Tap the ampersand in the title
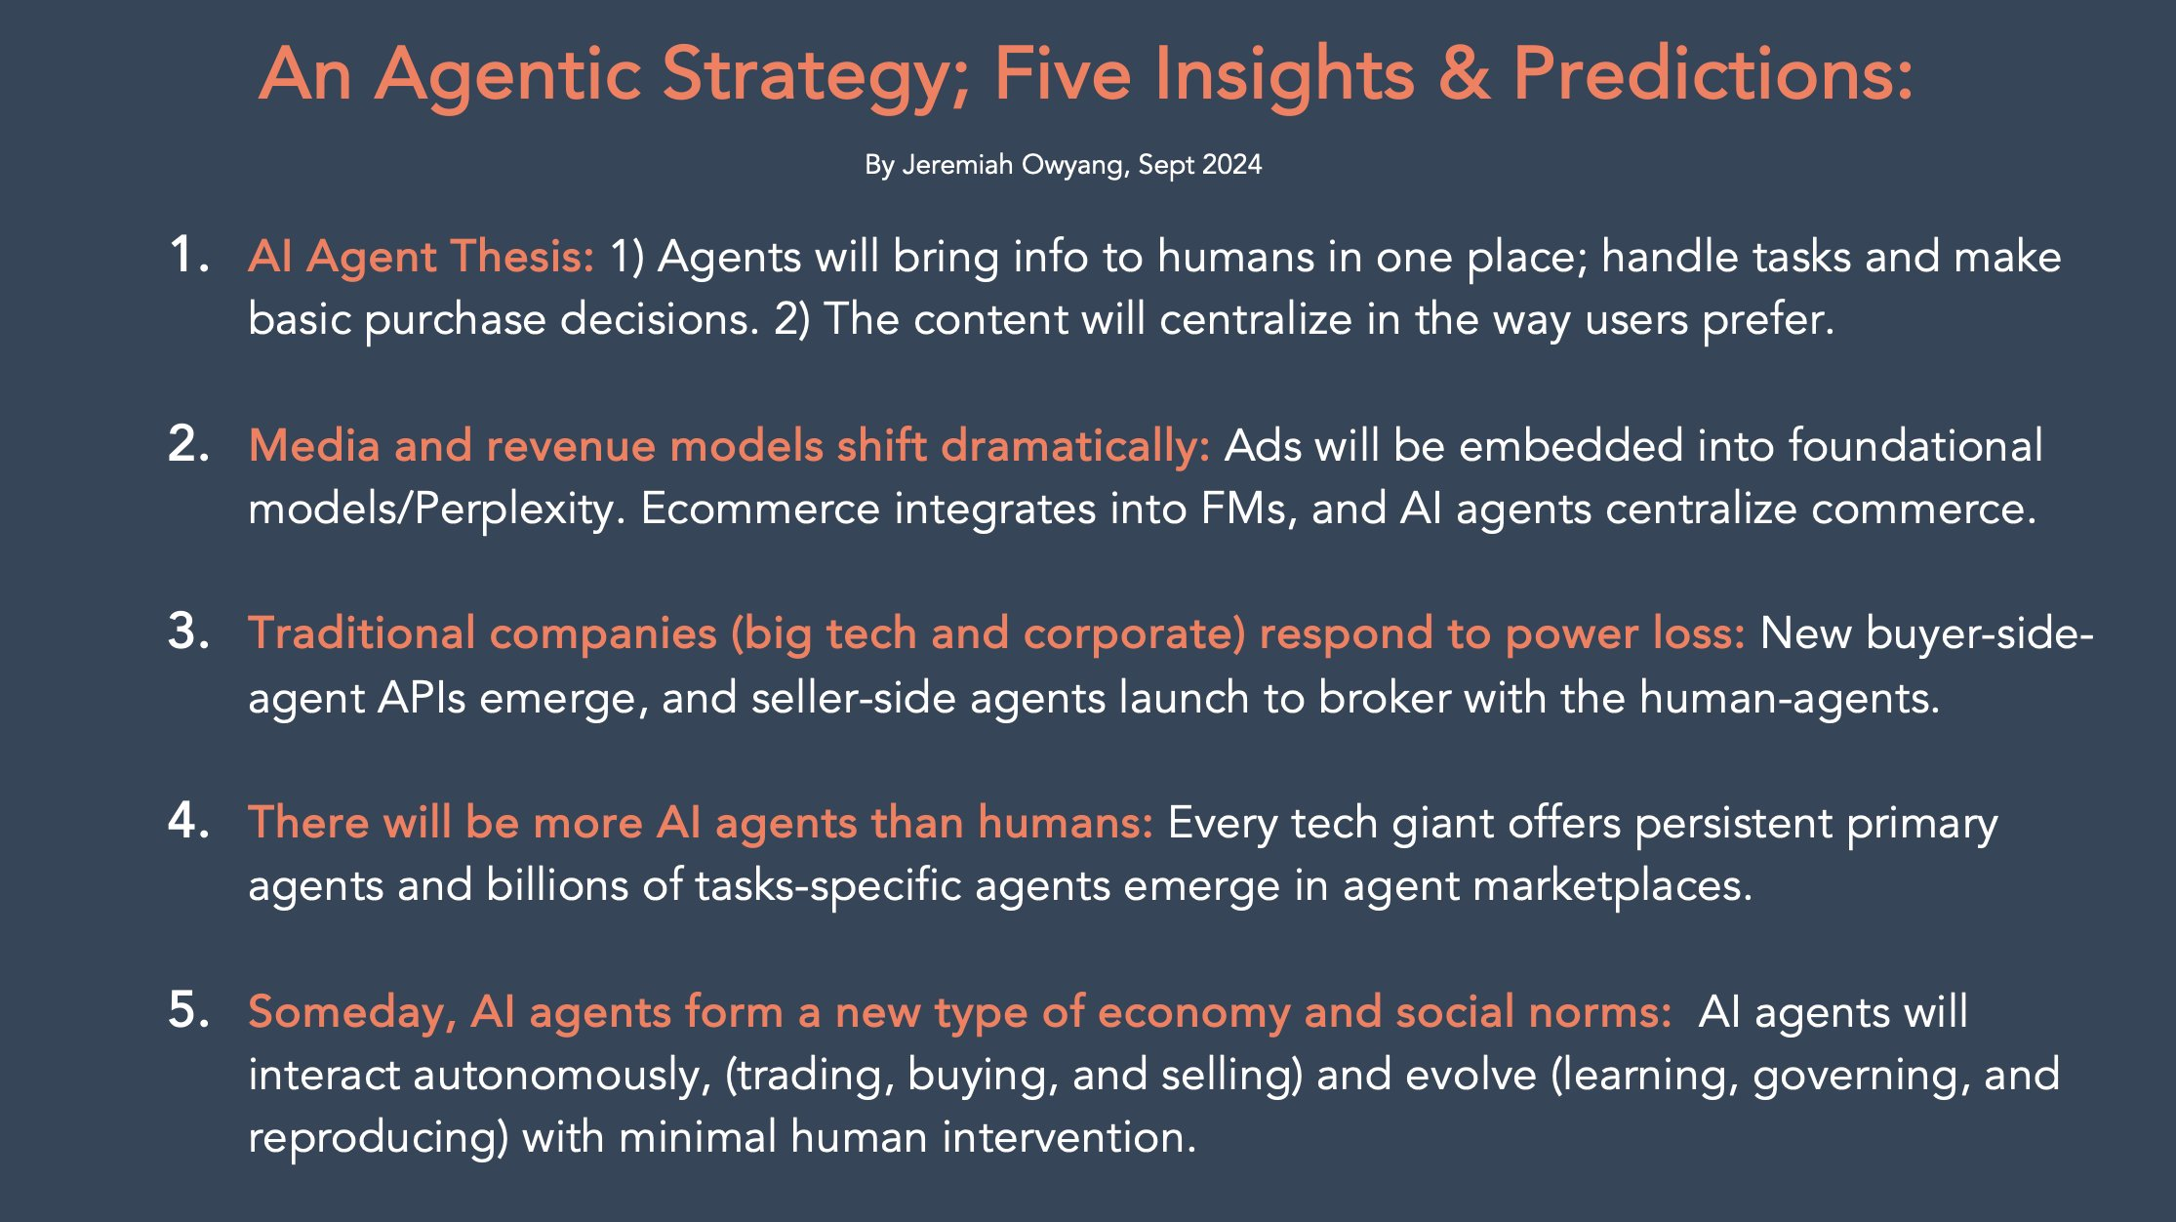[x=1465, y=74]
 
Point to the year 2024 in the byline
[x=1231, y=164]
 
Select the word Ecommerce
[x=760, y=509]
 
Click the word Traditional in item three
[x=361, y=633]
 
